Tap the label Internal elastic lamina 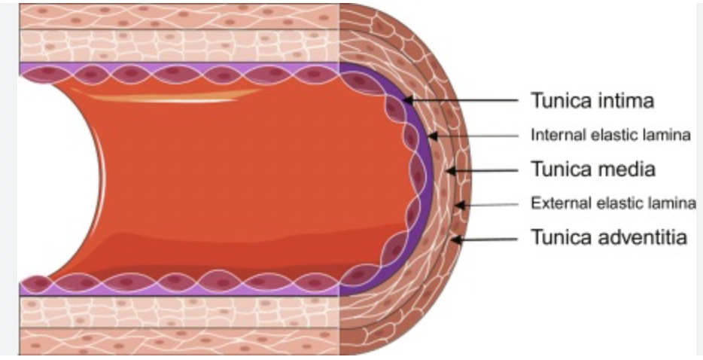610,136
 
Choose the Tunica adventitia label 609,237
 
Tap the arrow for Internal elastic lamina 473,136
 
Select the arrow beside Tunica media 482,171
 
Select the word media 624,169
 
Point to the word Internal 553,136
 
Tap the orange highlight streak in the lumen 166,96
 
